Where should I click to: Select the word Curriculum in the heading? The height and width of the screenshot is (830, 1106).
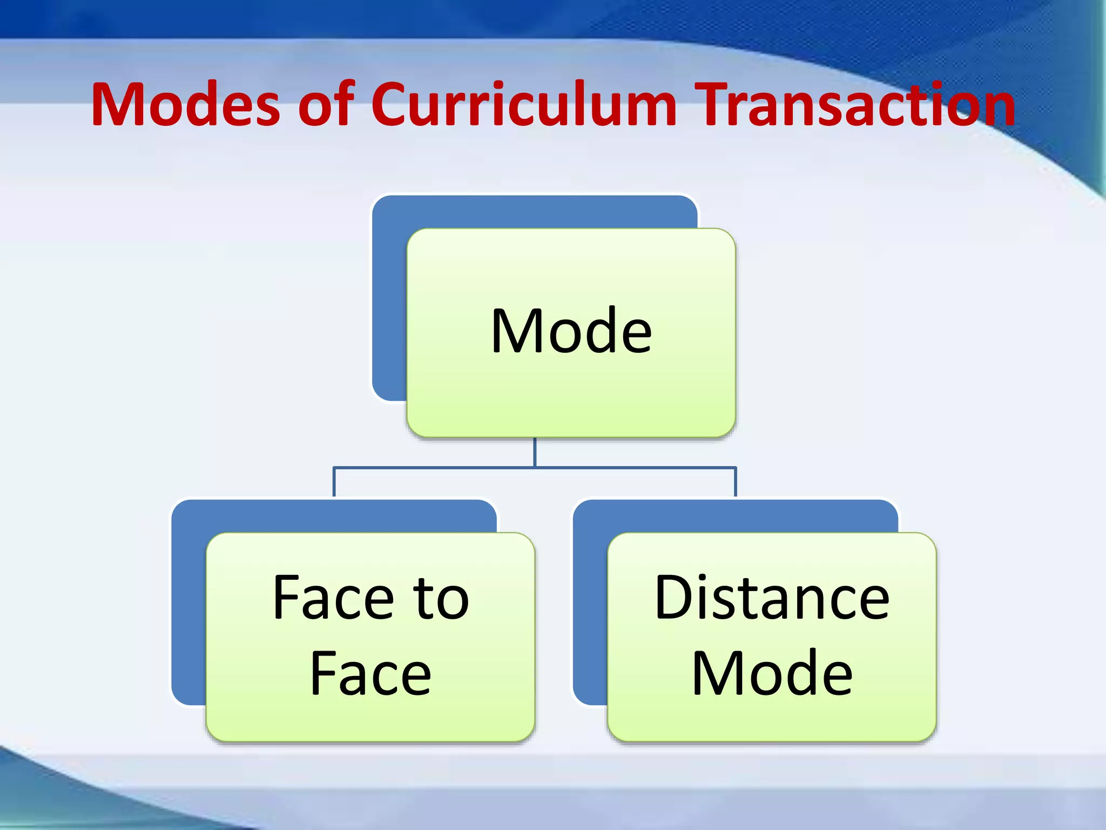click(523, 104)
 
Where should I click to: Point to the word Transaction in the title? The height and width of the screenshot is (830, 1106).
click(854, 104)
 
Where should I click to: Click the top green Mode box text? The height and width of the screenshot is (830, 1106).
click(571, 331)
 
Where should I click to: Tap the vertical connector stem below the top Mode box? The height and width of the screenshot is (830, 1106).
click(535, 452)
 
